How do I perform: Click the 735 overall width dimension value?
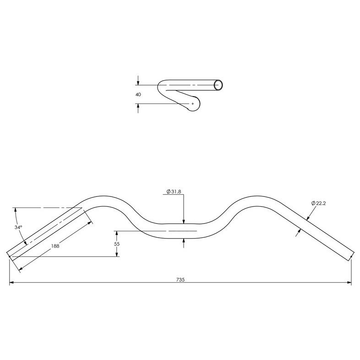coord(180,279)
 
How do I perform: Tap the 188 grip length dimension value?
coord(55,246)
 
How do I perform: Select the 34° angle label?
coord(18,227)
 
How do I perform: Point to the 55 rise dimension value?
coord(117,244)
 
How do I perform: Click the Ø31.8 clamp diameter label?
coord(175,191)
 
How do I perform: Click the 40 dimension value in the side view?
coord(138,94)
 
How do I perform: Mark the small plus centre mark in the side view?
coord(192,104)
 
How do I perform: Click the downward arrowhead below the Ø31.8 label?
coord(183,222)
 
